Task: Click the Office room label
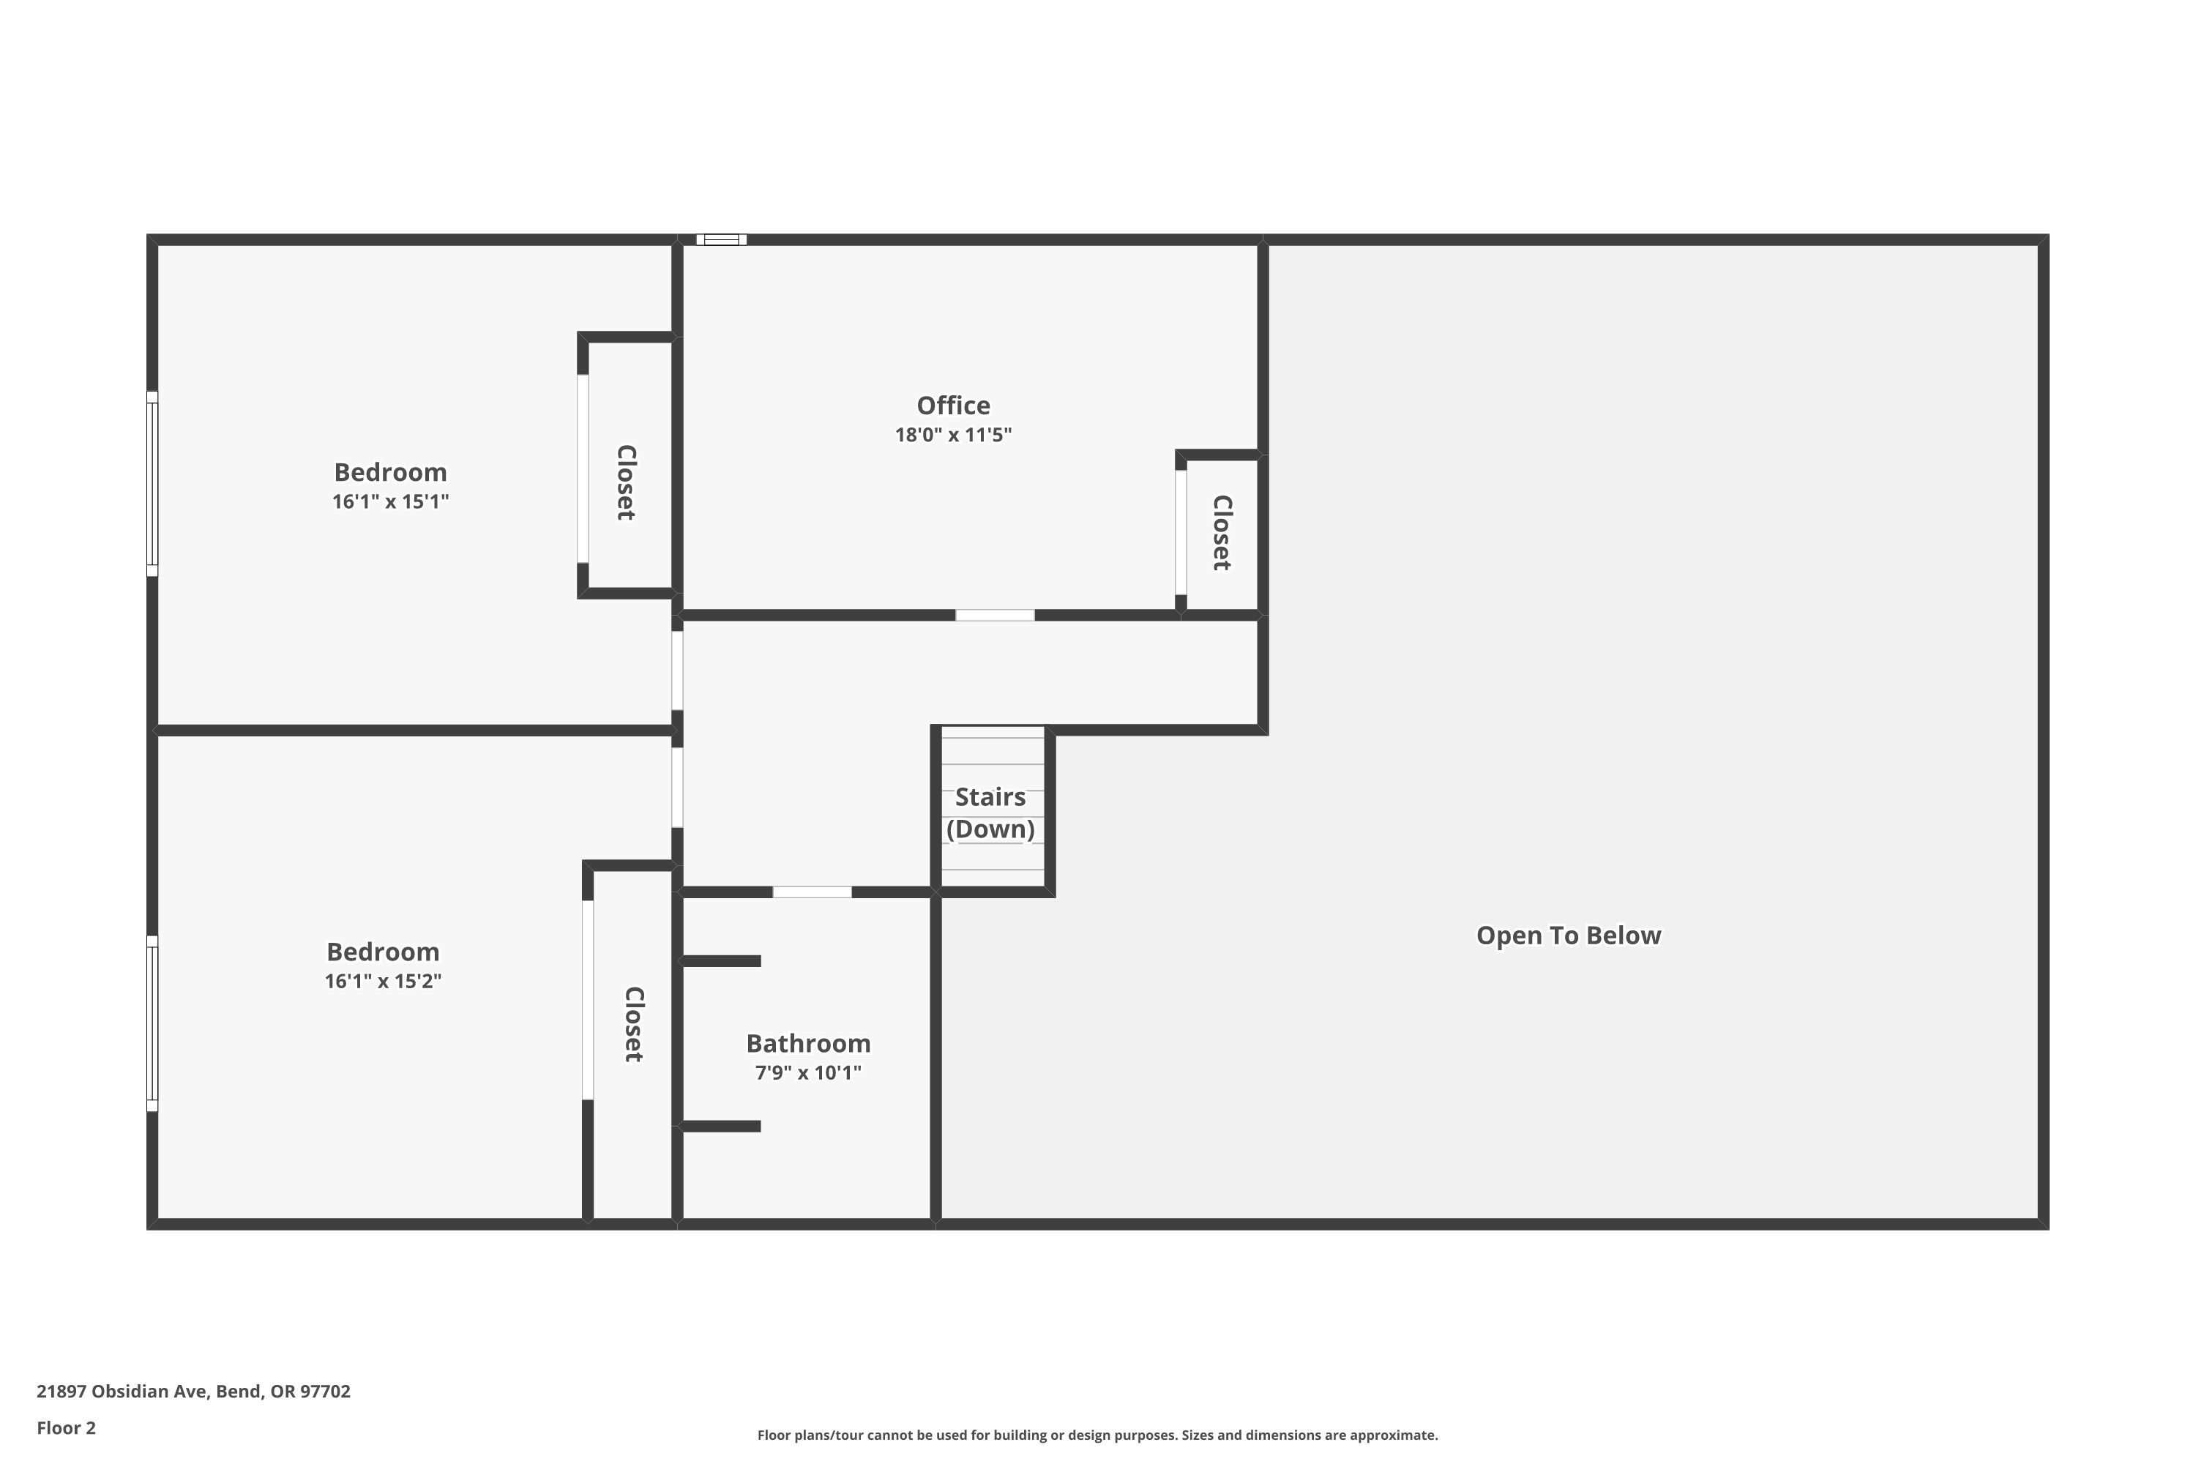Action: [953, 406]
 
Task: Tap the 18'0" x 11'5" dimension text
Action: [953, 435]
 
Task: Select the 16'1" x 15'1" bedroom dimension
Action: [390, 501]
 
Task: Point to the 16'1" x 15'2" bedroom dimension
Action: [383, 982]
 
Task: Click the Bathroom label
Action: [809, 1043]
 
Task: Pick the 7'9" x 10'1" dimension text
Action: [809, 1073]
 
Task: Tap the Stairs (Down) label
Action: [990, 813]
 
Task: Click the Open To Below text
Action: [1569, 935]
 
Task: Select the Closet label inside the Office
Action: [1221, 532]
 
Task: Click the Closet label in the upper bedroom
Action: [627, 482]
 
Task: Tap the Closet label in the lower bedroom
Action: [634, 1024]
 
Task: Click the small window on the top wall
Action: [722, 240]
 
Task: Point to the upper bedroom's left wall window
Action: [152, 484]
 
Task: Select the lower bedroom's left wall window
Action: [152, 1023]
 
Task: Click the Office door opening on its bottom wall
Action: [996, 616]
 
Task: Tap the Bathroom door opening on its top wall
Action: [813, 892]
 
